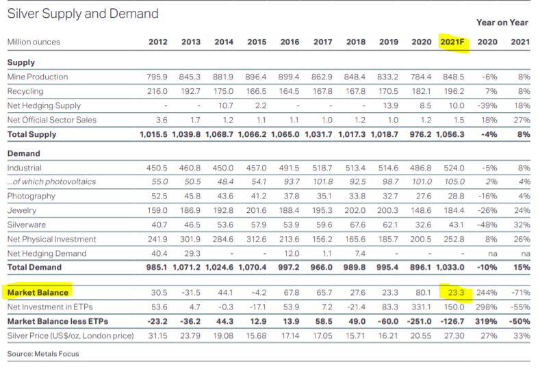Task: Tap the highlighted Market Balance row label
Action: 38,293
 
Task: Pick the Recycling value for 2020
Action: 421,91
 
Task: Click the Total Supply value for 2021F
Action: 451,134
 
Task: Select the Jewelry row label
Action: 21,210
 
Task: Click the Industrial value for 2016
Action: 290,168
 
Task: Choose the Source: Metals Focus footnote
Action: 42,353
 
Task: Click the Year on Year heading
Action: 502,23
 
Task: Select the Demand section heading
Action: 23,153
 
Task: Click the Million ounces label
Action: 34,42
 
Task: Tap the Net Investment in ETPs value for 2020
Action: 421,307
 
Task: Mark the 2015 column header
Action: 257,42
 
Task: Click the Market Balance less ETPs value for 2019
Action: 387,321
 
